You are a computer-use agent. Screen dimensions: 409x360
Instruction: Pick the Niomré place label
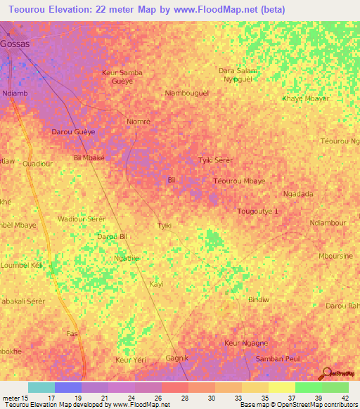point(139,121)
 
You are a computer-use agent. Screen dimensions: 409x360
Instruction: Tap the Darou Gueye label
point(74,131)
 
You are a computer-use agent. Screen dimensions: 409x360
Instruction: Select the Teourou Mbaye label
point(239,181)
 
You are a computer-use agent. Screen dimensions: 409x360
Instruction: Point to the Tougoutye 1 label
point(258,211)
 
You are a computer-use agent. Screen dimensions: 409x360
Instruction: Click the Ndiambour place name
point(328,223)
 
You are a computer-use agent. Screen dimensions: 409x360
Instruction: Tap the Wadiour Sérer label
point(82,219)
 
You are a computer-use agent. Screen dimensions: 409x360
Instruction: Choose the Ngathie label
point(127,258)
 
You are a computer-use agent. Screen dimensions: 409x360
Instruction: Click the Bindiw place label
point(259,299)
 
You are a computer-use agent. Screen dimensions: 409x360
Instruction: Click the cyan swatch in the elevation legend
point(41,387)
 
